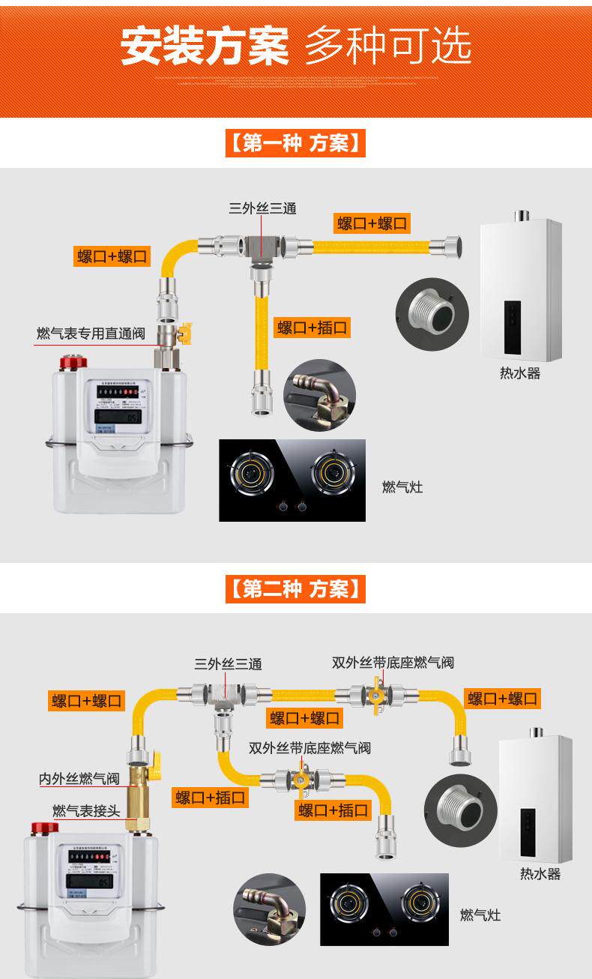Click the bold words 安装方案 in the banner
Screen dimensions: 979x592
pyautogui.click(x=204, y=46)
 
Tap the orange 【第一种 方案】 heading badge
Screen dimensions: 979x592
pyautogui.click(x=295, y=142)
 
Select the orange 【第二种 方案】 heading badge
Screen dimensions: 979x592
pyautogui.click(x=295, y=588)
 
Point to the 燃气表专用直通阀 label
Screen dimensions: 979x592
pyautogui.click(x=91, y=333)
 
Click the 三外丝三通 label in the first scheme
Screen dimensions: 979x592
pyautogui.click(x=262, y=208)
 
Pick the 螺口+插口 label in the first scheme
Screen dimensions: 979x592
pyautogui.click(x=313, y=327)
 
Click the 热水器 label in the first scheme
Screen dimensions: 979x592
pyautogui.click(x=520, y=373)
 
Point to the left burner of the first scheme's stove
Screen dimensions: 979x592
pyautogui.click(x=250, y=475)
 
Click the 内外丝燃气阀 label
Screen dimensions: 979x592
pyautogui.click(x=79, y=780)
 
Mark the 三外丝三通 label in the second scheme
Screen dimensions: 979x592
pyautogui.click(x=228, y=664)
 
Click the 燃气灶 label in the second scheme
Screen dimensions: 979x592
pyautogui.click(x=480, y=915)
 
